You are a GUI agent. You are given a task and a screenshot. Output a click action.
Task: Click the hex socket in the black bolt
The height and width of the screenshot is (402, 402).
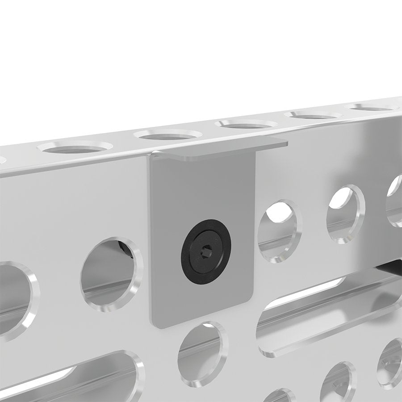[206, 252]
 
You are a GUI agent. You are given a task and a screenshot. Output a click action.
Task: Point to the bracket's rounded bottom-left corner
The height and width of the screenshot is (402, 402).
[155, 322]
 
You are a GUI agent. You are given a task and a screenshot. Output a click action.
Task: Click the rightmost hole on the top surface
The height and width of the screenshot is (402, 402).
[373, 107]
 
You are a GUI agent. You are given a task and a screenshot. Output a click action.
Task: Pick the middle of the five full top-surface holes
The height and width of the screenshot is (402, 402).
[246, 124]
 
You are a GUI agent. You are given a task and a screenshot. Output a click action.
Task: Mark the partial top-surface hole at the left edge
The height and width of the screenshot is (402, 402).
[2, 159]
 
